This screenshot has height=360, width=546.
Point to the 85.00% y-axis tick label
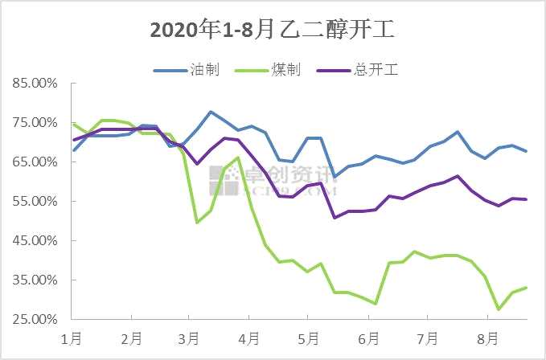[33, 83]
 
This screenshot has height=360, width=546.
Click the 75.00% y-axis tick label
[33, 122]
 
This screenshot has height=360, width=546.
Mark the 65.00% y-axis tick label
[33, 162]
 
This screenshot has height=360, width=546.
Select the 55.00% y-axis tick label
[33, 201]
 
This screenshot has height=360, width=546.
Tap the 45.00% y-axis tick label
[33, 240]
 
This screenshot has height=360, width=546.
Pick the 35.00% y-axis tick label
[33, 280]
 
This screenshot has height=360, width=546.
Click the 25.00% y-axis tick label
[33, 319]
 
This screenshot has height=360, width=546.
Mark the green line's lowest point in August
[499, 309]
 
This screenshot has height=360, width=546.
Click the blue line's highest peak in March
[211, 112]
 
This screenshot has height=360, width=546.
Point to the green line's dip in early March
[197, 222]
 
